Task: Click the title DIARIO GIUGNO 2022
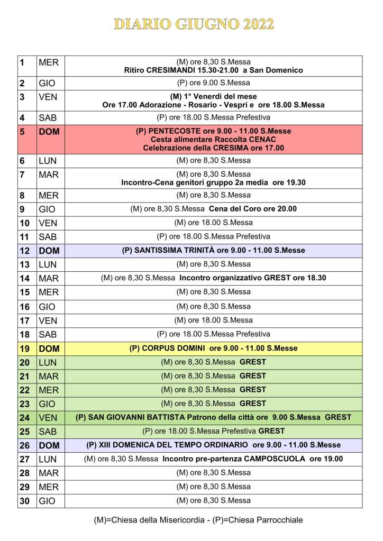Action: pos(194,24)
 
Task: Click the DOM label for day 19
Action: pos(49,349)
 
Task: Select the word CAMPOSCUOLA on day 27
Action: pos(272,459)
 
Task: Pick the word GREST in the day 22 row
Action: pos(253,390)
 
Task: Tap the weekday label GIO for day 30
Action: pos(47,501)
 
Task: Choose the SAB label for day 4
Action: pos(48,117)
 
